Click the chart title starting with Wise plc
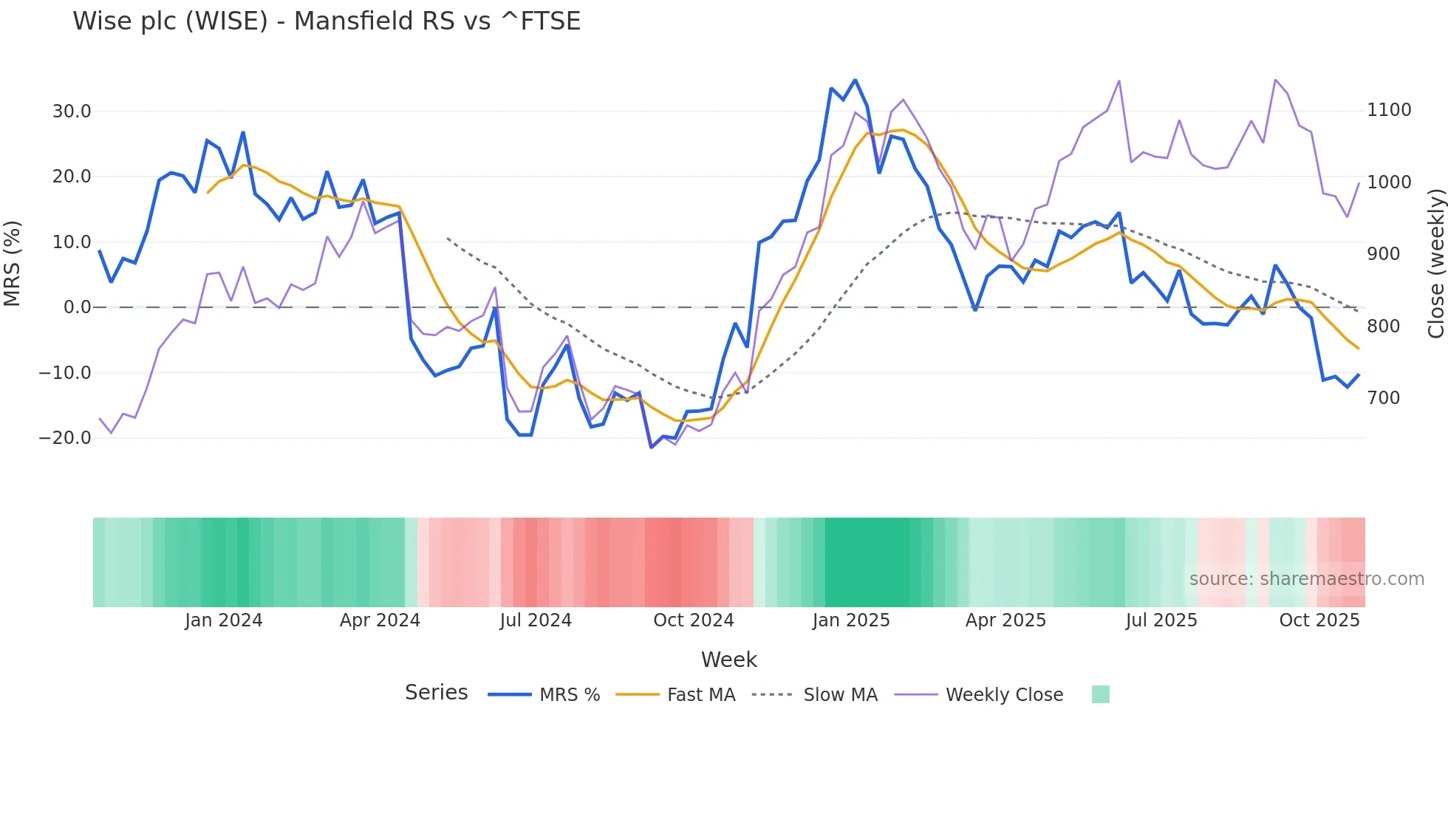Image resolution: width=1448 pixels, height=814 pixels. (x=327, y=21)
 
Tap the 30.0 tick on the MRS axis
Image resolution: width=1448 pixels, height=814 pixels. (x=72, y=112)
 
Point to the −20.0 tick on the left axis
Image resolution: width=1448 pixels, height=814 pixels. (x=65, y=438)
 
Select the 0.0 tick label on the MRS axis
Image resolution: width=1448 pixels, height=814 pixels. (x=77, y=307)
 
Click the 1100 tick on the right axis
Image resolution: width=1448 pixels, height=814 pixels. (x=1389, y=110)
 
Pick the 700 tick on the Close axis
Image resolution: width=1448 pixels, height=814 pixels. (x=1383, y=398)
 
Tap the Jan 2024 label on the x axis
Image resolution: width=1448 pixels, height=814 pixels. (x=223, y=620)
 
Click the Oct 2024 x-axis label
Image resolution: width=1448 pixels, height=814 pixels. (x=693, y=620)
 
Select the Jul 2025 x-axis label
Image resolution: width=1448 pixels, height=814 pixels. (x=1161, y=620)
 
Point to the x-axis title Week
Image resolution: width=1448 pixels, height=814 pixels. (x=728, y=660)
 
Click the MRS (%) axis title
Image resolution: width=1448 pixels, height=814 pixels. (x=13, y=263)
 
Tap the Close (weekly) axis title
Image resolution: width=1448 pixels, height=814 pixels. (x=1435, y=264)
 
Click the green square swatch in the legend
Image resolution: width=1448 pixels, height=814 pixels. (x=1100, y=694)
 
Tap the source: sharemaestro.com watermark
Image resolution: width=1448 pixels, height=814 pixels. (x=1306, y=579)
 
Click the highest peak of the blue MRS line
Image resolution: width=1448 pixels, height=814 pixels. (x=855, y=80)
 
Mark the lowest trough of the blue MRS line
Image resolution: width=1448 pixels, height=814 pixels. (x=651, y=447)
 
